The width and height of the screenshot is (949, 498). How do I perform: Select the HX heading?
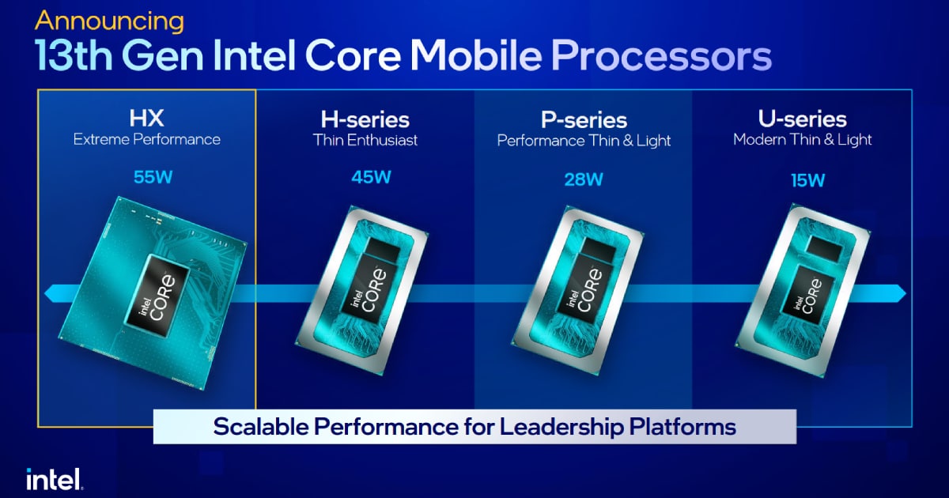pos(146,119)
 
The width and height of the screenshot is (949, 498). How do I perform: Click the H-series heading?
pos(365,119)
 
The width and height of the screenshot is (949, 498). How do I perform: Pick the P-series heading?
pos(584,120)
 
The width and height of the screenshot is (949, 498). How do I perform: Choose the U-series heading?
pos(802,119)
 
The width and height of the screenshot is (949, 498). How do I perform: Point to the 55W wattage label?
pos(147,176)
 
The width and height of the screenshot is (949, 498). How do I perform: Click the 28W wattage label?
pos(584,179)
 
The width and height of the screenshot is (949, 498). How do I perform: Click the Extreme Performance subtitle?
pos(146,140)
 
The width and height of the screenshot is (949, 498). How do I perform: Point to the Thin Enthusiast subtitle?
pos(365,141)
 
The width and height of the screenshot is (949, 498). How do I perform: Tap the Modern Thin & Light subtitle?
pos(802,140)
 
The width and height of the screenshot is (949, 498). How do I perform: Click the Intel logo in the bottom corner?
pos(54,477)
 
